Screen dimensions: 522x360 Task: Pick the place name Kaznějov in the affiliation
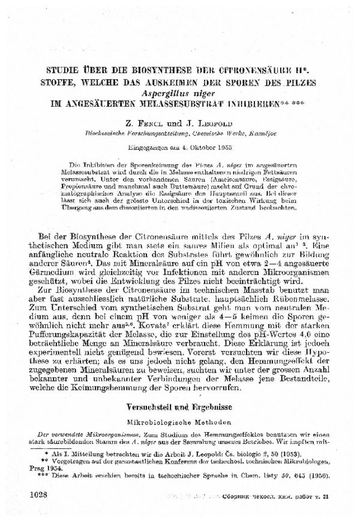coord(253,131)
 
